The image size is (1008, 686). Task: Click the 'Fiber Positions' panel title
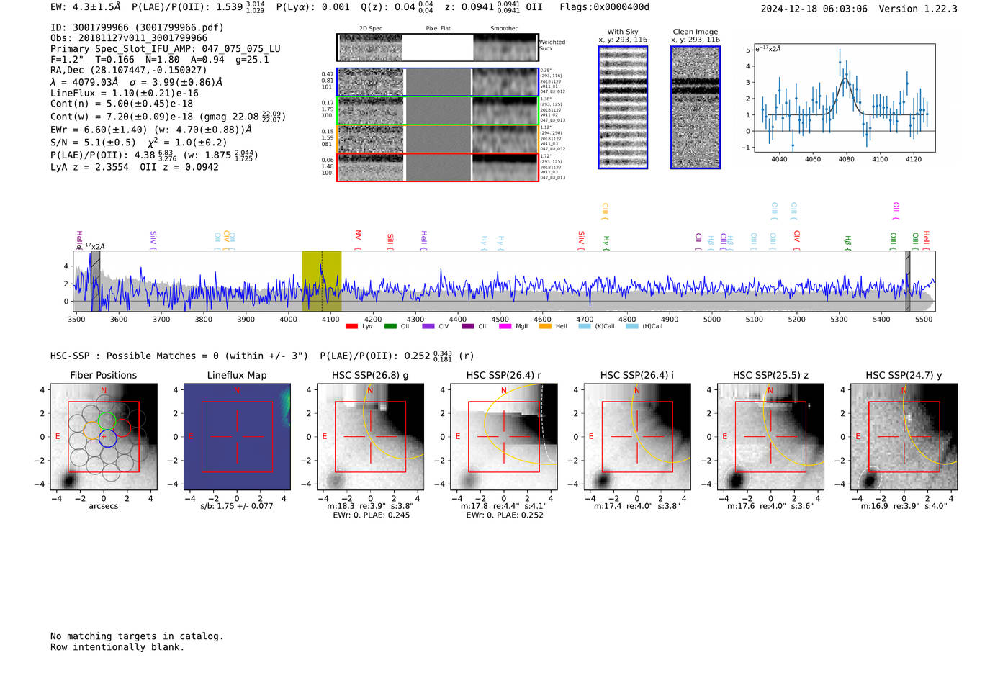[103, 375]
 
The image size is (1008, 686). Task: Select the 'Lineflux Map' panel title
[236, 375]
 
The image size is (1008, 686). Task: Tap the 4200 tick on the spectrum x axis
[373, 319]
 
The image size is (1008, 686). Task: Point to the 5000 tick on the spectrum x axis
[711, 319]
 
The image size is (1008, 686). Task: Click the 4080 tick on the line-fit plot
[846, 159]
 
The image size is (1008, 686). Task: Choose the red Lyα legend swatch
[351, 327]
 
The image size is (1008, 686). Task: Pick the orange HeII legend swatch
[545, 327]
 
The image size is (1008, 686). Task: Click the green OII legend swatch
[390, 327]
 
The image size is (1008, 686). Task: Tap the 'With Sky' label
[622, 32]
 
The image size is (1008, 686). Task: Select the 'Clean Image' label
[695, 32]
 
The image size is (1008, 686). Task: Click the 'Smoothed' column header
[504, 29]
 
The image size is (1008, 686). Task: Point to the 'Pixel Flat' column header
[438, 29]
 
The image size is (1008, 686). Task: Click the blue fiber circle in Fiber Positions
[107, 438]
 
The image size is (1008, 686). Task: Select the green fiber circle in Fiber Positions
[107, 420]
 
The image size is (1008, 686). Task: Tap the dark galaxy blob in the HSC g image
[336, 480]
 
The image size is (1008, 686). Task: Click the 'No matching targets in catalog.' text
[137, 636]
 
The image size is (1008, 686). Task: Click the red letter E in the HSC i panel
[591, 437]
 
